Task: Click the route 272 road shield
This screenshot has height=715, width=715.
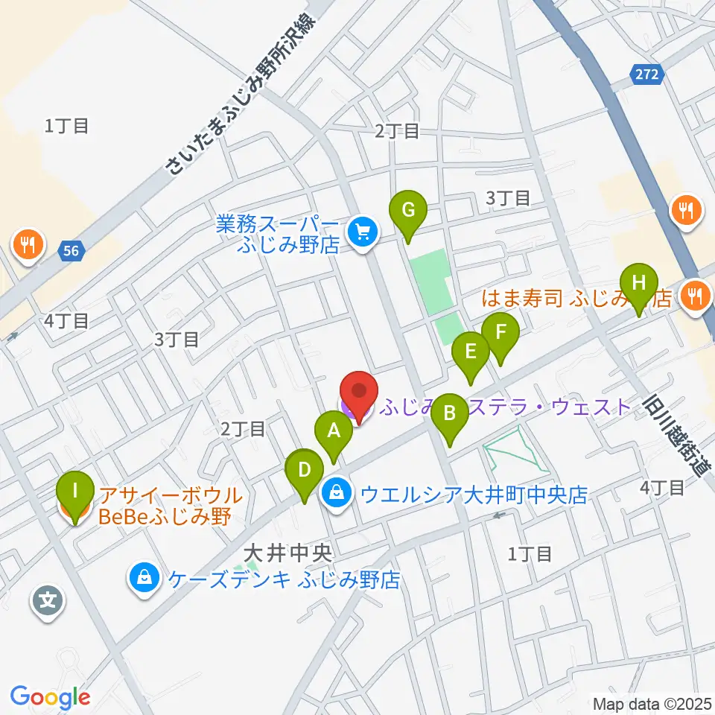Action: pos(646,74)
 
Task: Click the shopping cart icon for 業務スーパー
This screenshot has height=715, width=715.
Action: pos(363,232)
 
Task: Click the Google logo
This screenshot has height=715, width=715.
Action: pos(50,698)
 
